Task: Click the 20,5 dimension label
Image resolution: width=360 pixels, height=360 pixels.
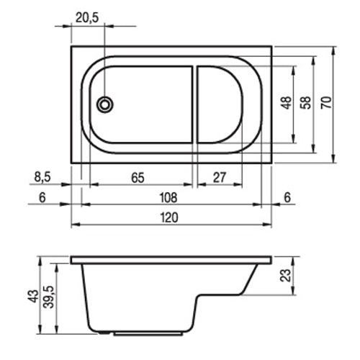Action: coord(87,18)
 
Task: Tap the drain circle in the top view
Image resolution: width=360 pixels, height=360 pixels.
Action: coord(105,104)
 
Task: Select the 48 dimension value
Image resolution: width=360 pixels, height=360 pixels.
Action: coord(287,103)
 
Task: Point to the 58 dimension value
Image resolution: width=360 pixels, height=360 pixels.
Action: coord(307,103)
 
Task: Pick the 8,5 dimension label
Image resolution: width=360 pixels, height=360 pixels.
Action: coord(42,177)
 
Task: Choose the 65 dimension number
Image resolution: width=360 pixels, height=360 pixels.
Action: coord(138,178)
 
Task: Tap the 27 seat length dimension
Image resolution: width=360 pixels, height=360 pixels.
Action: coord(220,178)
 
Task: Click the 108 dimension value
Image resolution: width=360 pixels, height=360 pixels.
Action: coord(168,198)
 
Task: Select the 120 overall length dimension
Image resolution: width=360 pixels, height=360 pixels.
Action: coord(169,217)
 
